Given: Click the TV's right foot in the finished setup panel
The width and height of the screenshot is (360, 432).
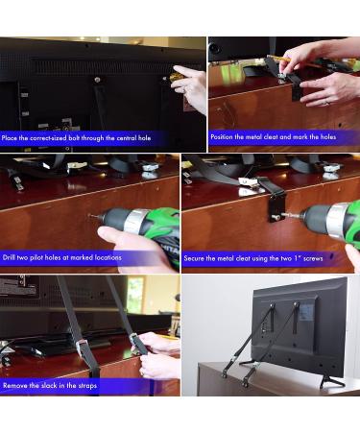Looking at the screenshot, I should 331,383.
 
